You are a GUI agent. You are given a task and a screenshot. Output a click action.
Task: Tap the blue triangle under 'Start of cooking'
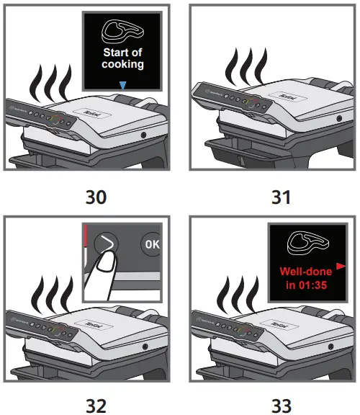[123, 85]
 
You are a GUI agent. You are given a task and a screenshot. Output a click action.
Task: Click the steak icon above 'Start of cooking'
[122, 30]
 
